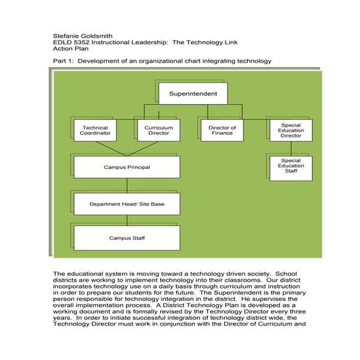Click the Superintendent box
pos(193,94)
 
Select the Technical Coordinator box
pos(96,130)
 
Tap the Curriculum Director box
pos(158,130)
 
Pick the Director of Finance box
pos(222,130)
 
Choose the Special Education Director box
pos(290,130)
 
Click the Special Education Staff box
pos(290,165)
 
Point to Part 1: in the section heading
pos(63,60)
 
